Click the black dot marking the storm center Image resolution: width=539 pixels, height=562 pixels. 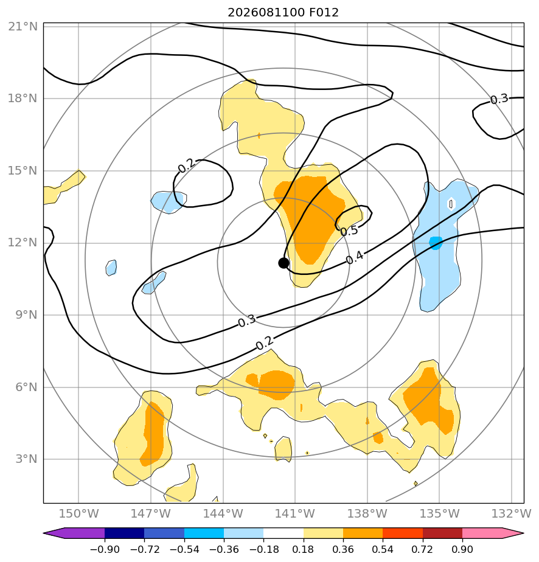click(283, 263)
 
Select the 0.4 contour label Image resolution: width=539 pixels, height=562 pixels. click(355, 258)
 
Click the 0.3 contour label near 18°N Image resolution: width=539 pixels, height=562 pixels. click(499, 99)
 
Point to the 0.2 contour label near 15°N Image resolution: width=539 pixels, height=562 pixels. click(187, 165)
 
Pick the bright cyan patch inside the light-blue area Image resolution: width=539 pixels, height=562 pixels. click(436, 243)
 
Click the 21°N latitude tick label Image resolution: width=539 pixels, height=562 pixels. click(23, 27)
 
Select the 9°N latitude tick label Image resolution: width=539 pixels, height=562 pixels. click(26, 315)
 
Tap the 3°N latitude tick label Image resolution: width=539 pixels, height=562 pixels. click(26, 459)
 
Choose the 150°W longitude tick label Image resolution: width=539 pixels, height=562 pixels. click(78, 513)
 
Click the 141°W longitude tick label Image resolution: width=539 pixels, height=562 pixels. click(294, 513)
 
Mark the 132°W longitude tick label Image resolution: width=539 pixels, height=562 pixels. click(512, 513)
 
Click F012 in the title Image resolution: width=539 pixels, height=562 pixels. click(324, 13)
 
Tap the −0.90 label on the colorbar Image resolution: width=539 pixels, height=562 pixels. click(105, 549)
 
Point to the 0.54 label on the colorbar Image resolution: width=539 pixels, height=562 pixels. click(383, 549)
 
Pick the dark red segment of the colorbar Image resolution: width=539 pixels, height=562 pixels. click(443, 533)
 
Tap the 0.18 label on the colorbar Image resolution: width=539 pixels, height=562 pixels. click(303, 549)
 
